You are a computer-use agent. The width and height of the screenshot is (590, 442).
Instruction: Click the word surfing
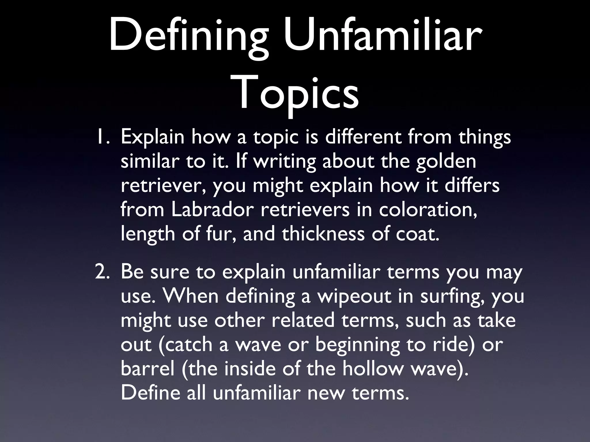click(x=452, y=296)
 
